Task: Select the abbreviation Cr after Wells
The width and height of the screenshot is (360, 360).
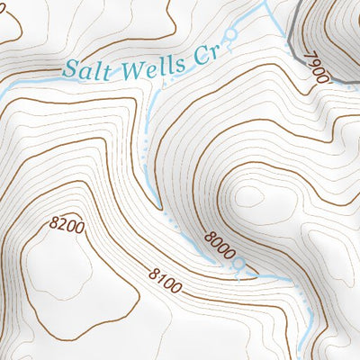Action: click(x=207, y=57)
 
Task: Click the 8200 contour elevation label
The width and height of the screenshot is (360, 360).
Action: click(x=68, y=226)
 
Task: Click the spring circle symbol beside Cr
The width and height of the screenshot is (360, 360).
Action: click(x=229, y=36)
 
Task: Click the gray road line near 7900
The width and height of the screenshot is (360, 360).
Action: click(x=297, y=36)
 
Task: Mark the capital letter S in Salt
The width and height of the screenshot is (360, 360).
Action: click(x=71, y=69)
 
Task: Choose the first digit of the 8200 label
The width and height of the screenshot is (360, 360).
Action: click(x=57, y=220)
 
